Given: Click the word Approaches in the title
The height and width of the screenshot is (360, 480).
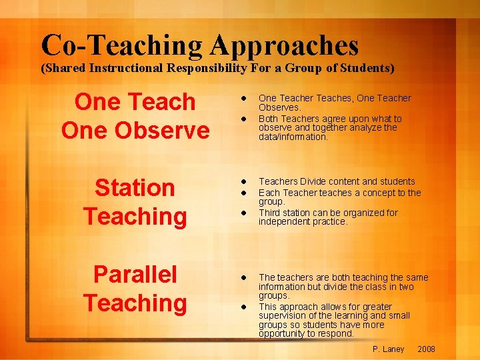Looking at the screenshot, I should tap(285, 45).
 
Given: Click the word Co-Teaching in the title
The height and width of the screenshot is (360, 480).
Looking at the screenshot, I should tap(121, 45).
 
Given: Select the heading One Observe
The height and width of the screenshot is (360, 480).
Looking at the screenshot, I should tap(135, 130).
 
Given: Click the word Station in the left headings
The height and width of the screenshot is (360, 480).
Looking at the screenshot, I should tap(135, 188).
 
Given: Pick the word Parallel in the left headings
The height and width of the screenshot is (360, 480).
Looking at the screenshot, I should tap(135, 274).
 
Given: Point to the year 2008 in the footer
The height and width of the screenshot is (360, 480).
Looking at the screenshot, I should tap(426, 349).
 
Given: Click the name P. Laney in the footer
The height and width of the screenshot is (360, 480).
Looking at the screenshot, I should tap(389, 349).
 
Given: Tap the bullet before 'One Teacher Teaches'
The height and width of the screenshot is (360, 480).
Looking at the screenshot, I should tap(245, 98).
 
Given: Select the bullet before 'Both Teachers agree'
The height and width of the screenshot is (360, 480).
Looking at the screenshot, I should tap(245, 119).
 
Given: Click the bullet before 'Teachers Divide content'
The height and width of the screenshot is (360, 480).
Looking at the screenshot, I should tap(245, 181).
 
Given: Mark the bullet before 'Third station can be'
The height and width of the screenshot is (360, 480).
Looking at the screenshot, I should tap(245, 213).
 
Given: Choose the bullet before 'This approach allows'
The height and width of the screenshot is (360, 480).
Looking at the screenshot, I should tap(245, 306).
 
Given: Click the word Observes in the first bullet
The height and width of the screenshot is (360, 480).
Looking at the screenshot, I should tap(280, 107).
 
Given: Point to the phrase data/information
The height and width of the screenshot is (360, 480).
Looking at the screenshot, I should tap(293, 137).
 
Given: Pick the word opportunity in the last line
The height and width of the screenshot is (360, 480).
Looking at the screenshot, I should tap(283, 333).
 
